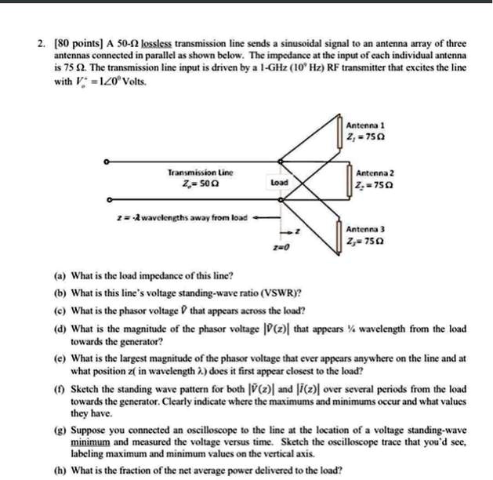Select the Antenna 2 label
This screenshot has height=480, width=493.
pos(375,173)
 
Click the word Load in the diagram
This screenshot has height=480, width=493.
pos(278,183)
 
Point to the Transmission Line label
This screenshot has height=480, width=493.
pos(200,171)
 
